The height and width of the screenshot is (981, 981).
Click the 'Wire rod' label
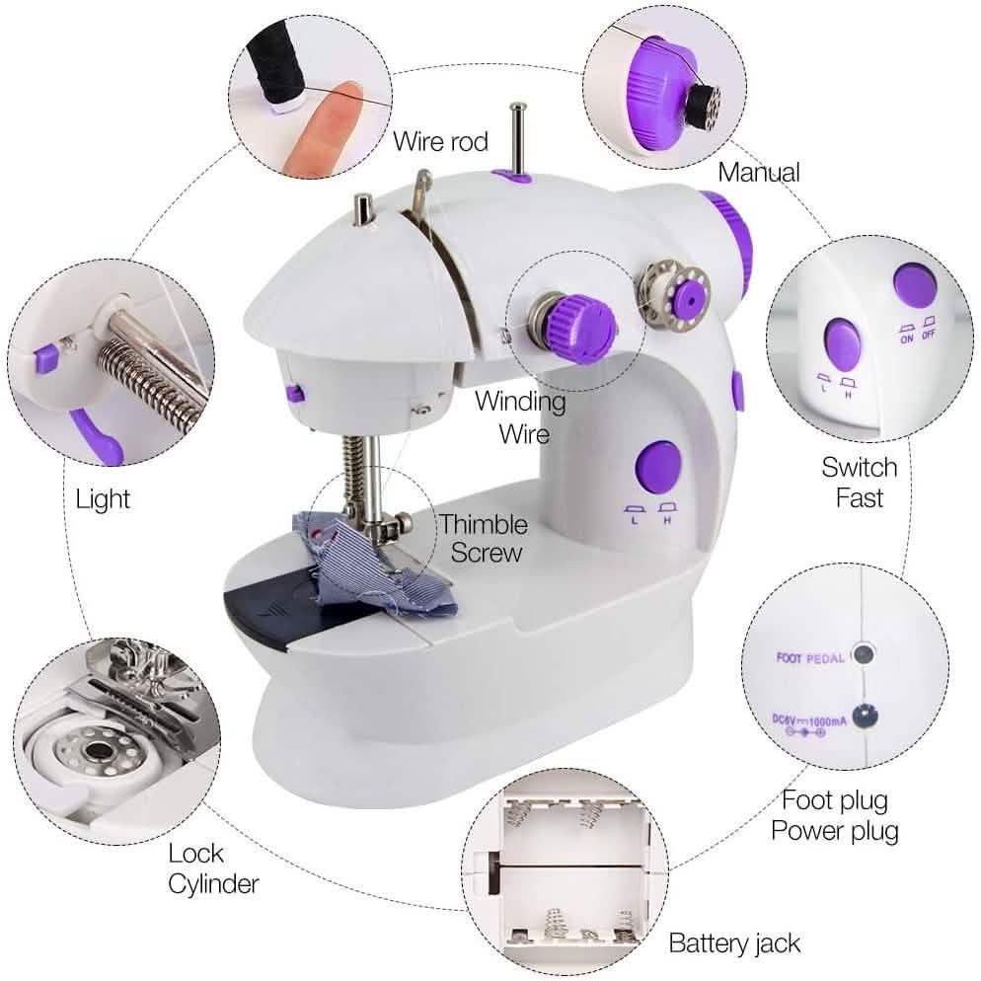[x=440, y=141]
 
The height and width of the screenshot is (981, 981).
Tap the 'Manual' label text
[x=758, y=172]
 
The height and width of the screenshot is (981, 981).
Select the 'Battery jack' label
[x=734, y=943]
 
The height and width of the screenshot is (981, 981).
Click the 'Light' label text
[x=103, y=498]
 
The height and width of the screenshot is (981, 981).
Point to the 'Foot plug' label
[x=834, y=798]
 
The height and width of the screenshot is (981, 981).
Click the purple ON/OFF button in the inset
[x=914, y=283]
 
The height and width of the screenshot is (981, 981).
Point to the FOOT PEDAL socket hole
[x=866, y=652]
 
